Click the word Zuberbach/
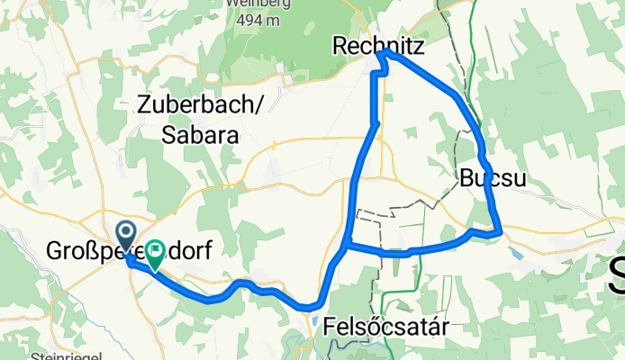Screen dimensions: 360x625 pyautogui.click(x=200, y=104)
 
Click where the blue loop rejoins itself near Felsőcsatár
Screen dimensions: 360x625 pyautogui.click(x=348, y=244)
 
